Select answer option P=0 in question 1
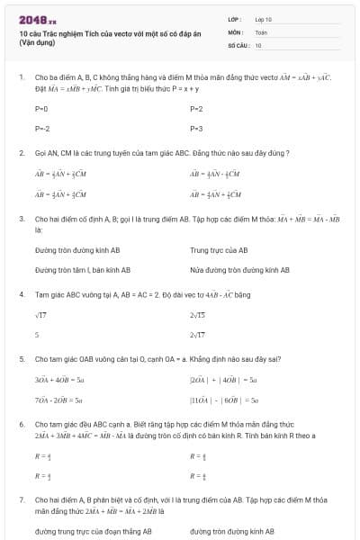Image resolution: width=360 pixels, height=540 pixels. point(41,109)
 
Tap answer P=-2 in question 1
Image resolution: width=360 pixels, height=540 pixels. point(42,129)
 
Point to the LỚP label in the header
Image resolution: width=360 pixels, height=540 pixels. point(235,18)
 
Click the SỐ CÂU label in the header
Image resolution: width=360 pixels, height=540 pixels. point(238,43)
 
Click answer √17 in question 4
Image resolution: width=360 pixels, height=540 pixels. point(40,315)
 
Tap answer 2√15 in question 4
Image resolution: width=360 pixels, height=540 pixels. point(198,315)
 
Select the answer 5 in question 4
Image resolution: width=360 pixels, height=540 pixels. point(37,335)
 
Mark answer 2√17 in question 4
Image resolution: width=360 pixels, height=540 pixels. point(198,335)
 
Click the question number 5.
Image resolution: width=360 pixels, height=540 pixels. point(21,358)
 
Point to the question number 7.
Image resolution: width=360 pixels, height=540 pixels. point(21,499)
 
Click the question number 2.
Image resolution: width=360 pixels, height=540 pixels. point(21,153)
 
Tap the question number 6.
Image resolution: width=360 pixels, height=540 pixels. point(21,423)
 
